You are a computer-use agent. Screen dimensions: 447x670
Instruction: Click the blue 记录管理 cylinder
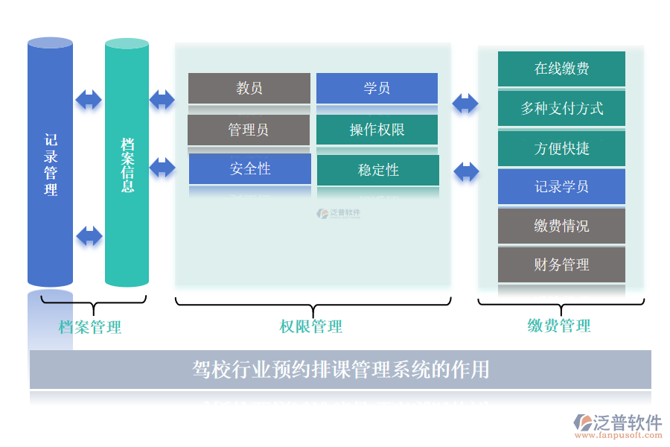pyautogui.click(x=50, y=164)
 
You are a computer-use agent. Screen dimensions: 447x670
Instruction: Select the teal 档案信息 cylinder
pyautogui.click(x=127, y=164)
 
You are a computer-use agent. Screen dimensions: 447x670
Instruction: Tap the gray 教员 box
pyautogui.click(x=249, y=89)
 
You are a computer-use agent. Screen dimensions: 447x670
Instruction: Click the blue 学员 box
pyautogui.click(x=377, y=89)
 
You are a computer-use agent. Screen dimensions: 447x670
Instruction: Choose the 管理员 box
pyautogui.click(x=249, y=130)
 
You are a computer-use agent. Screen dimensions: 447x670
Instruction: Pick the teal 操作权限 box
pyautogui.click(x=377, y=130)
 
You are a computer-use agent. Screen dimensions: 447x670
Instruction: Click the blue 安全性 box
pyautogui.click(x=249, y=169)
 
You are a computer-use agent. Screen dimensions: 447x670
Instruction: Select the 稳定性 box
pyautogui.click(x=378, y=170)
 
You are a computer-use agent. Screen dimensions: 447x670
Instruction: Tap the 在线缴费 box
pyautogui.click(x=561, y=69)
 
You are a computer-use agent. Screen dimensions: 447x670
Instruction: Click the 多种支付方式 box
pyautogui.click(x=561, y=109)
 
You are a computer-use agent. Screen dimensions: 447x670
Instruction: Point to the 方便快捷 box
pyautogui.click(x=561, y=148)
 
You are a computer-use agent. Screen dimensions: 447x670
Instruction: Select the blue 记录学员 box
pyautogui.click(x=561, y=187)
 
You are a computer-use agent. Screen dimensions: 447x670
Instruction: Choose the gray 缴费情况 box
pyautogui.click(x=561, y=226)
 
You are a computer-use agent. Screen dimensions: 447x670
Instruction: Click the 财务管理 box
pyautogui.click(x=561, y=264)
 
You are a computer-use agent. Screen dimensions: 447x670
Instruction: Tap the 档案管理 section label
pyautogui.click(x=90, y=327)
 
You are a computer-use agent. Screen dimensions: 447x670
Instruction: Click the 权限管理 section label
pyautogui.click(x=311, y=327)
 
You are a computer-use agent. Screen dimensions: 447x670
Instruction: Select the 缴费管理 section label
pyautogui.click(x=559, y=326)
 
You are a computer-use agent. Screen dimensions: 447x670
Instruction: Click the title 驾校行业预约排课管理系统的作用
pyautogui.click(x=340, y=370)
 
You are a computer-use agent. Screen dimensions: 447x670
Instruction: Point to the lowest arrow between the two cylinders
pyautogui.click(x=89, y=236)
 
